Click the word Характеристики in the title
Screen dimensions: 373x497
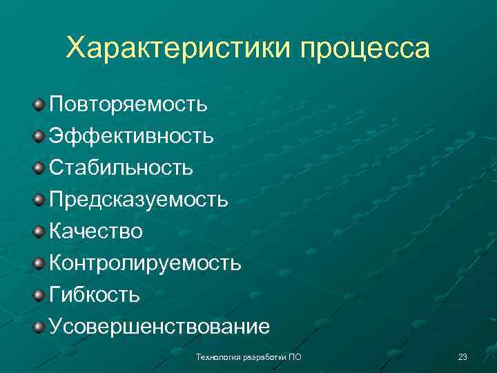(179, 49)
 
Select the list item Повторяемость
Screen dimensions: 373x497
(128, 105)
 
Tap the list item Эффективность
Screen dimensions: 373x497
(131, 136)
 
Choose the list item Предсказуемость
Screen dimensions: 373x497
(138, 200)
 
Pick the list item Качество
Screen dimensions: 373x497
(96, 231)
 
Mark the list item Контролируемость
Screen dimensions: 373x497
(145, 262)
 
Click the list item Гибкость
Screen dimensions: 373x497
(95, 294)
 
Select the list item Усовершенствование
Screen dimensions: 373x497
(159, 326)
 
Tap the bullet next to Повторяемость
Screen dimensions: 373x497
(39, 105)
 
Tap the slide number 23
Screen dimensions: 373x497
(462, 356)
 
